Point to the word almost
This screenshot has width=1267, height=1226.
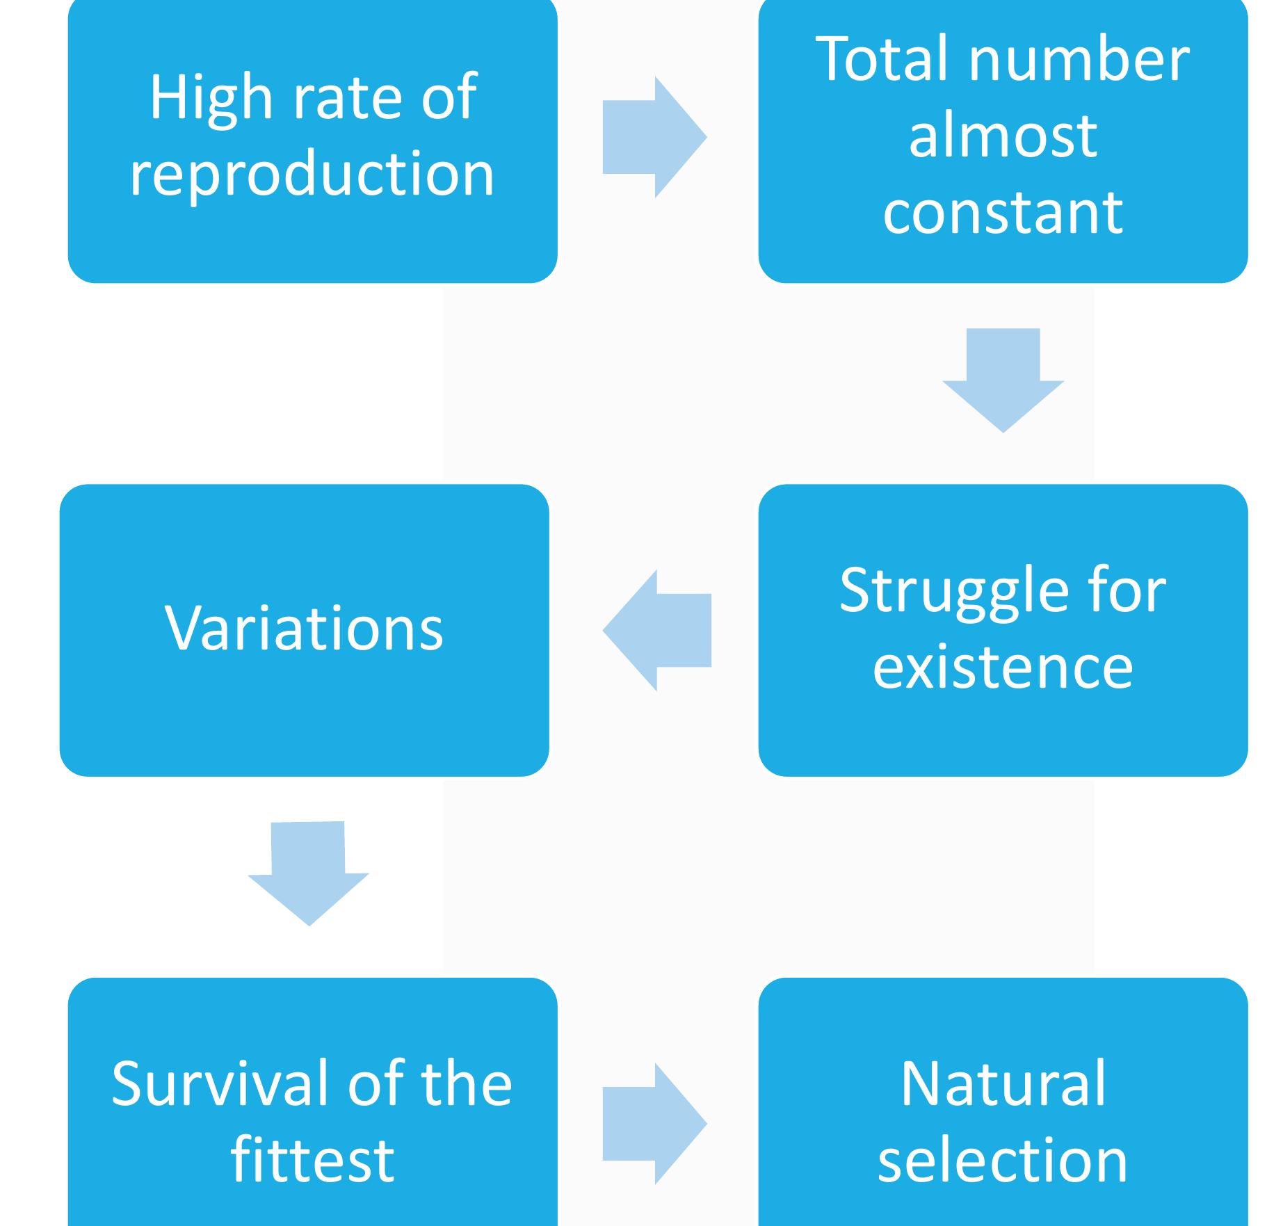coord(1003,136)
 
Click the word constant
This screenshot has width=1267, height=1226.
coord(1003,211)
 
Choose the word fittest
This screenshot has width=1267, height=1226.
coord(312,1159)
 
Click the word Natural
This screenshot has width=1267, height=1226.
coord(1003,1084)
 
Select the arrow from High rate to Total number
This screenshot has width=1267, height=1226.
coord(654,137)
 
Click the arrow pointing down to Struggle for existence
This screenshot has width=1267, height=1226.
coord(1003,380)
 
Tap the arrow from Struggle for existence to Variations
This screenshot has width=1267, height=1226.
coord(656,630)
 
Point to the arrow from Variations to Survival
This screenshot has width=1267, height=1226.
coord(309,873)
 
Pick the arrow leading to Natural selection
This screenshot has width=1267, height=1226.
coord(654,1124)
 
